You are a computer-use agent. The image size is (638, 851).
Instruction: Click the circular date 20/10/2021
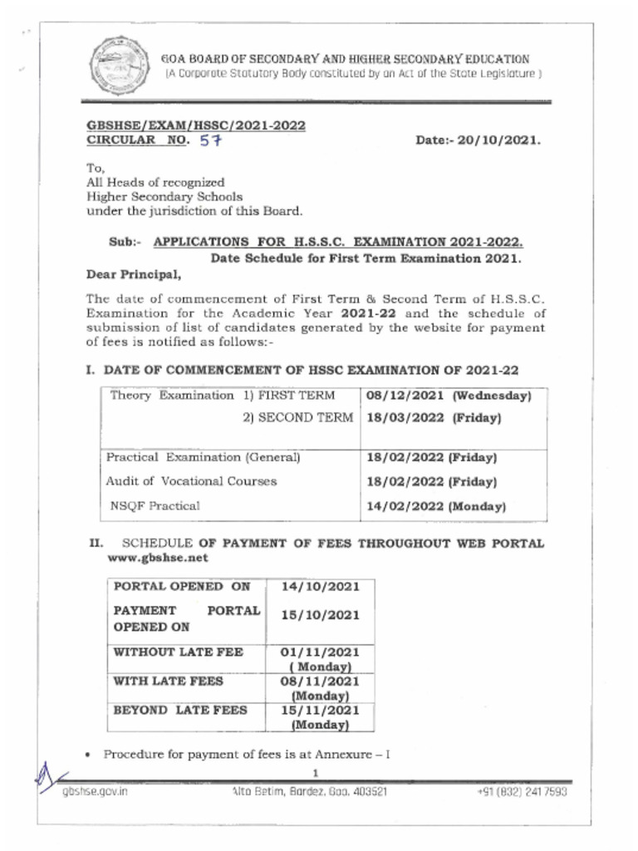(478, 140)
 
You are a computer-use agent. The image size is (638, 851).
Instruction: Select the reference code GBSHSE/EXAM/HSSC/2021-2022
(196, 125)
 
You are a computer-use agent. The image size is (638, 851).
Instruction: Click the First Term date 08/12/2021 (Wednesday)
(448, 396)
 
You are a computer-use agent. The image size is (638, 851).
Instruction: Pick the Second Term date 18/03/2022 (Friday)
(433, 418)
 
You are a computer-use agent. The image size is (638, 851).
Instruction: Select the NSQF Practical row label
(155, 505)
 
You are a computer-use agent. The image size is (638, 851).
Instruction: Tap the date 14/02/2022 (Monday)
(436, 506)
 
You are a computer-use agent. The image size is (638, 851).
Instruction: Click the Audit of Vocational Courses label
(191, 481)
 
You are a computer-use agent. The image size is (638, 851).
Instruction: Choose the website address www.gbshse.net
(158, 558)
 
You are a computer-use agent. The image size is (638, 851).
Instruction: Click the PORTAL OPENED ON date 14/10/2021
(320, 587)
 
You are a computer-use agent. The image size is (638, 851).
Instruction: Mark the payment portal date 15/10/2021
(320, 616)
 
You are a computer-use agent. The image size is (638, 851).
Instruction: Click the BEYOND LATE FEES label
(180, 711)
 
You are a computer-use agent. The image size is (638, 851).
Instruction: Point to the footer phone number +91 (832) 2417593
(522, 792)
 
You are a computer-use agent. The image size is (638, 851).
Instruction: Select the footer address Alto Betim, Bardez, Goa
(309, 792)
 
